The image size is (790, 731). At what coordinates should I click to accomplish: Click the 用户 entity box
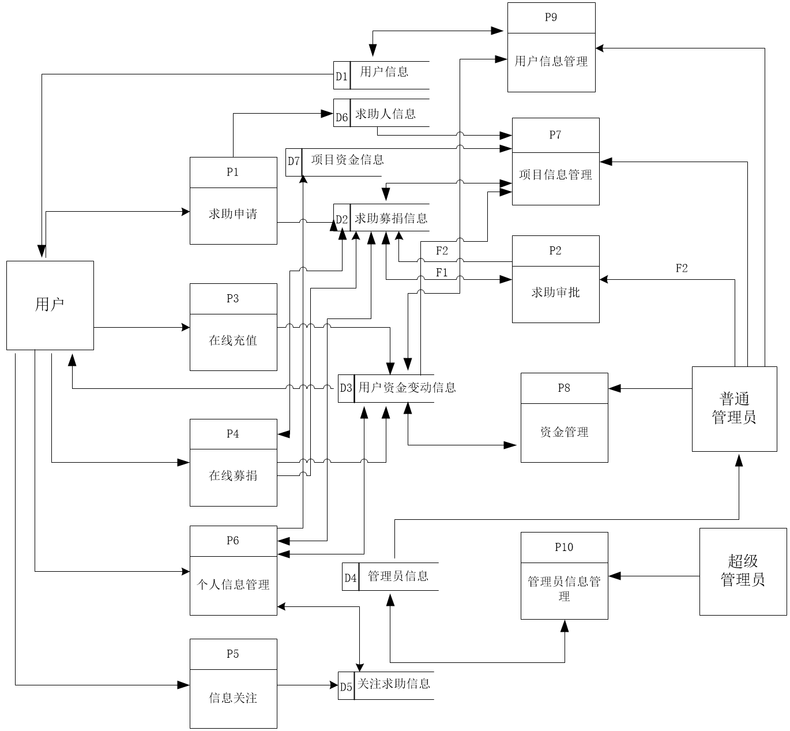50,305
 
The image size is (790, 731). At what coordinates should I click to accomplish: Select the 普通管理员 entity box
734,408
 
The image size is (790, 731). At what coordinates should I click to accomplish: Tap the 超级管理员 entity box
743,571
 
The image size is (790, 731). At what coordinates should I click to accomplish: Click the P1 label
233,172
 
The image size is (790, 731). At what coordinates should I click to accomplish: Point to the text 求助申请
233,214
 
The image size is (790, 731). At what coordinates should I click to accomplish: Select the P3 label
233,298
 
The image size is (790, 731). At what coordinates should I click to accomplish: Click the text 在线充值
233,340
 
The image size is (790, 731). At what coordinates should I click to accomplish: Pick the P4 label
233,434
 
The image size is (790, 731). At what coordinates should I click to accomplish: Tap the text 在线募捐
233,475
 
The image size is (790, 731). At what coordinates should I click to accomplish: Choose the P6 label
233,541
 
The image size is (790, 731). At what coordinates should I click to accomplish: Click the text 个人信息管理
233,584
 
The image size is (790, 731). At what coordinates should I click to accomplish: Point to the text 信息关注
233,698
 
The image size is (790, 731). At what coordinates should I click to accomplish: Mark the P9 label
551,17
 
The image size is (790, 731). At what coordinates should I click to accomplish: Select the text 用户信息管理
551,61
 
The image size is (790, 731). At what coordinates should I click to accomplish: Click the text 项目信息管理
555,175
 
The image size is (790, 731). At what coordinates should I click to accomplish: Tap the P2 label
555,250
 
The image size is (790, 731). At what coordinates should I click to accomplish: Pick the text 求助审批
555,293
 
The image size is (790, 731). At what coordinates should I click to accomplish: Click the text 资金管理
564,432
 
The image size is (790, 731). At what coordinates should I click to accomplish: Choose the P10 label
564,547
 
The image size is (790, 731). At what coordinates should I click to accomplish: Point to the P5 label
233,654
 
